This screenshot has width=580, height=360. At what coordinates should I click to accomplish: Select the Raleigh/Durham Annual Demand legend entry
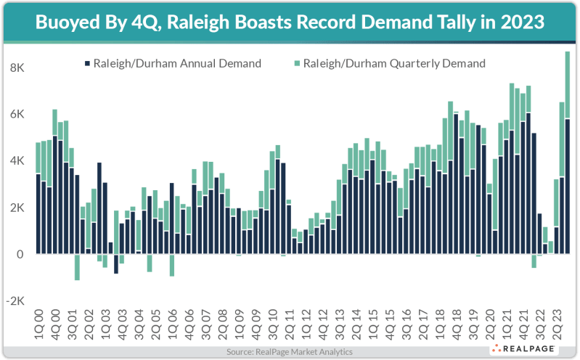173,64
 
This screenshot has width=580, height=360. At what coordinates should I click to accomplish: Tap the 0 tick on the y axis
20,254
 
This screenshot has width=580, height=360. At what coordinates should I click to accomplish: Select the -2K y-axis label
15,300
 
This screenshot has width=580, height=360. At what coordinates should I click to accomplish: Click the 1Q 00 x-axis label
38,324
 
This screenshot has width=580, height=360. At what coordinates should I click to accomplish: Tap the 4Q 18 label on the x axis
456,324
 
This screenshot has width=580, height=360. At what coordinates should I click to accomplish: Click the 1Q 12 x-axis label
306,324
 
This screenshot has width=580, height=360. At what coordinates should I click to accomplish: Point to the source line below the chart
289,351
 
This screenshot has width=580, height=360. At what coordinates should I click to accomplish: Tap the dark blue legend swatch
86,64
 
